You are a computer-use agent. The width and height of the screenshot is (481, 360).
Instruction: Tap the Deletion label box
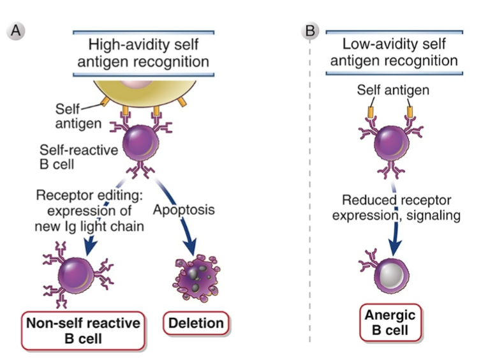click(x=196, y=323)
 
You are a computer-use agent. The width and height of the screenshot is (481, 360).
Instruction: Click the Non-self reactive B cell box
click(x=84, y=329)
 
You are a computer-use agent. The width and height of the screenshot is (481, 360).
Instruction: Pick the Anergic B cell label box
click(x=390, y=323)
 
